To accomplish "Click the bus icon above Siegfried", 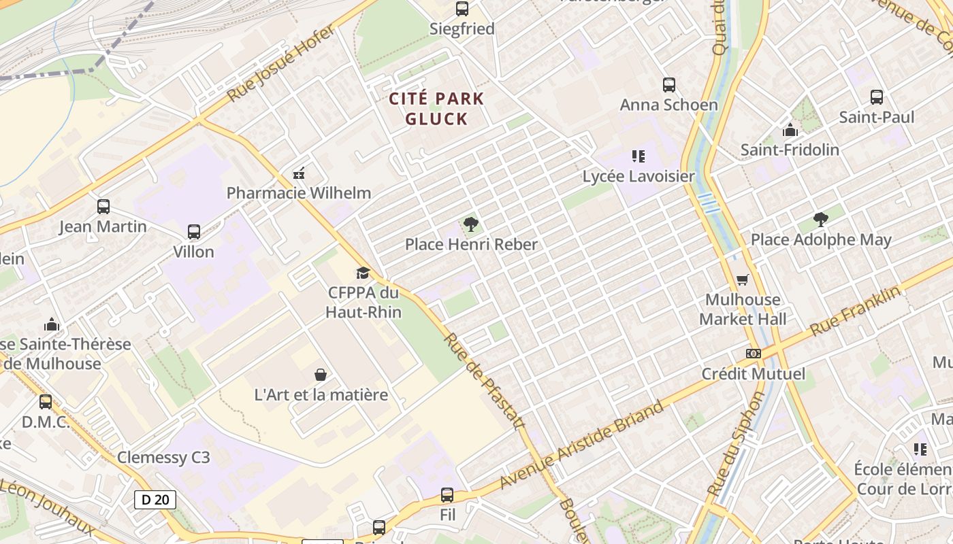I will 462,9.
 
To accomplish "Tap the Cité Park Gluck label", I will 436,109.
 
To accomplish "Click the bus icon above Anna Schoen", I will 669,85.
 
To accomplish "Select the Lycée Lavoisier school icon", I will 638,156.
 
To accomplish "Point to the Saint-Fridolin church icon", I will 790,130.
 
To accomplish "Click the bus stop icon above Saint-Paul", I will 877,97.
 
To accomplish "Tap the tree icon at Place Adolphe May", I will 821,220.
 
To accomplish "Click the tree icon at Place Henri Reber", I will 470,224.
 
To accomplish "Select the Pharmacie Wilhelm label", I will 298,192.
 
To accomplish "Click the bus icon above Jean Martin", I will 103,207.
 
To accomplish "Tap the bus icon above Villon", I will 194,232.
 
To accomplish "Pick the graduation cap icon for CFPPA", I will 363,273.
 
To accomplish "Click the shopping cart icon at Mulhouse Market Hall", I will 743,279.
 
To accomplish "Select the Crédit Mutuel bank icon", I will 753,354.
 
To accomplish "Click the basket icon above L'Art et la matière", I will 321,375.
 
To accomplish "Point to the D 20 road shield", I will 155,500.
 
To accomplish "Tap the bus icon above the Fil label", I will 447,495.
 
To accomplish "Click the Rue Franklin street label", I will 856,311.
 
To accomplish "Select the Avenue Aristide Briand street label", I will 582,445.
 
